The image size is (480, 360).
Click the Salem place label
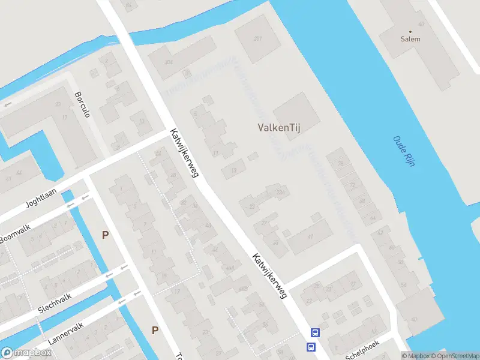(x=410, y=39)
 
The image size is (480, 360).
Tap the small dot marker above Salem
(x=410, y=31)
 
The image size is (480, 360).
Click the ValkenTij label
(x=278, y=127)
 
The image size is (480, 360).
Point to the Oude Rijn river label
(x=404, y=151)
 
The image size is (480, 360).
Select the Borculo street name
(x=82, y=104)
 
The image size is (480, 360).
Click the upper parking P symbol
(x=106, y=235)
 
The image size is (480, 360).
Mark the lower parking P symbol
(x=155, y=329)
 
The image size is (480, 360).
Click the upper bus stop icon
(x=315, y=333)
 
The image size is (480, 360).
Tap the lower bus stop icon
(x=311, y=347)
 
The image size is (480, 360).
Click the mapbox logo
(x=26, y=353)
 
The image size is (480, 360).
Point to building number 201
(x=258, y=38)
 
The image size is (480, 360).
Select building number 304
(x=169, y=62)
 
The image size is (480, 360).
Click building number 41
(x=310, y=236)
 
